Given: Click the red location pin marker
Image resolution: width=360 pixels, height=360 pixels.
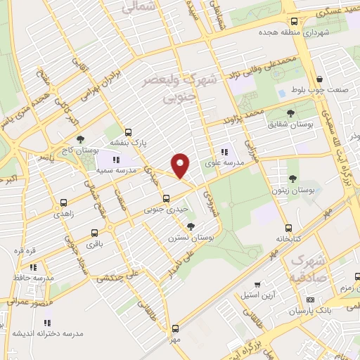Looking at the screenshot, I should click(x=181, y=165).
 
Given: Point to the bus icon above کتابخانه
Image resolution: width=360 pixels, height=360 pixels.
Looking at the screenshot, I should click(x=288, y=228).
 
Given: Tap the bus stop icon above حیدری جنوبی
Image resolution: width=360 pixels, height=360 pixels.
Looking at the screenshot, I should click(x=166, y=198).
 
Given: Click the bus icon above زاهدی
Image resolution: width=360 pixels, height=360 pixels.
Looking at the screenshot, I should click(x=64, y=202).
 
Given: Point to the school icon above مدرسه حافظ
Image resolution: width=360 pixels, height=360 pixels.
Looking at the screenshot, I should click(x=33, y=267).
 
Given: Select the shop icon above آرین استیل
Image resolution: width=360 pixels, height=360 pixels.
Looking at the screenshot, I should click(x=257, y=284).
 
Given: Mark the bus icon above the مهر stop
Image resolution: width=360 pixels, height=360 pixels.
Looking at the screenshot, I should click(x=175, y=328).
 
